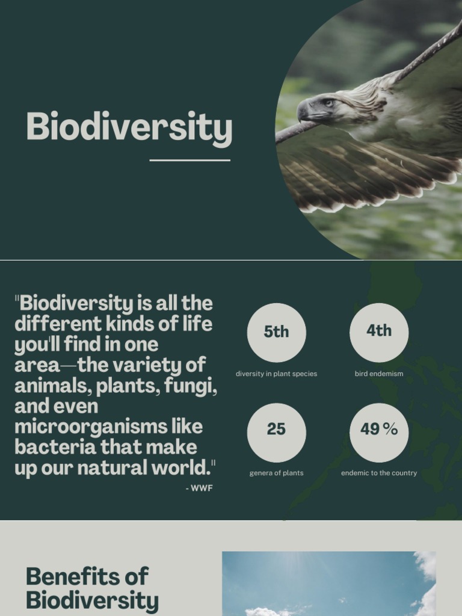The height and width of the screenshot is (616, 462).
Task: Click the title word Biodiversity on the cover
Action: click(129, 128)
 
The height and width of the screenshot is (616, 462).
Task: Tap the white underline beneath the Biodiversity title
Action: click(189, 161)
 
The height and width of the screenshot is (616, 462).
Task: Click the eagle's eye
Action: click(328, 103)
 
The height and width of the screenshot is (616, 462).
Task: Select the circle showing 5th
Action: click(276, 332)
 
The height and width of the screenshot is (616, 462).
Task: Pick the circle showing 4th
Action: click(379, 331)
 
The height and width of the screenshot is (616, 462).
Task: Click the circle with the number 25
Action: click(276, 431)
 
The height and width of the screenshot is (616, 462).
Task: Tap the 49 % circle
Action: click(379, 431)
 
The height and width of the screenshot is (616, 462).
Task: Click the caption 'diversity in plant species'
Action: click(276, 374)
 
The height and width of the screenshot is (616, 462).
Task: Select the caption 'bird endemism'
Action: click(379, 374)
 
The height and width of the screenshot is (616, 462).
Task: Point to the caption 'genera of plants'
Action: click(276, 473)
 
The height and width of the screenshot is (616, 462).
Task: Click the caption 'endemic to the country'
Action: click(379, 473)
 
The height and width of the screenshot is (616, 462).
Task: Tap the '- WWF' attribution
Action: click(199, 488)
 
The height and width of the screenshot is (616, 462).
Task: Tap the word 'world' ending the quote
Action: click(184, 467)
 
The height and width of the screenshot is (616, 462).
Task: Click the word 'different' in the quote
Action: click(58, 324)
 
